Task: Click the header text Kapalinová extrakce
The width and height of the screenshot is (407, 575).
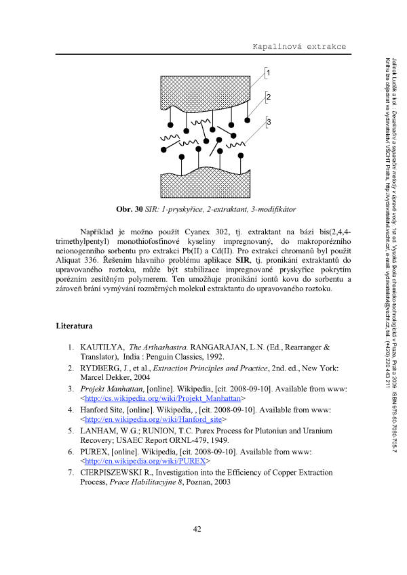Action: [299, 46]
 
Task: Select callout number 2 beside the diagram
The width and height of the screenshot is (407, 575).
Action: [269, 98]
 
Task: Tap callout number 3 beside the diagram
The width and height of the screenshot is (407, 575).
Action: [269, 122]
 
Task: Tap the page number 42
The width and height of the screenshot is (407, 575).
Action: [197, 547]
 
